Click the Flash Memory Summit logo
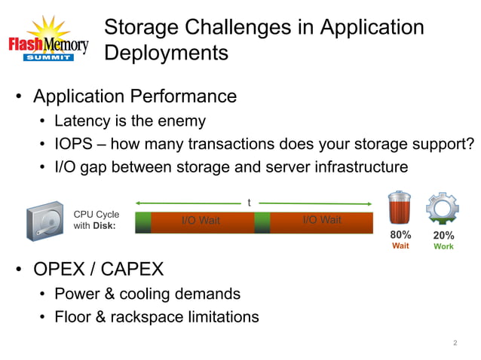[48, 41]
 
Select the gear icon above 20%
[443, 209]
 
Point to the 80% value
[400, 235]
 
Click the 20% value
[443, 236]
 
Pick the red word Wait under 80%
[400, 246]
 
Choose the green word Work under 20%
[443, 247]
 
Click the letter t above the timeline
[250, 203]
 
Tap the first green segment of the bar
[142, 222]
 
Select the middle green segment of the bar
[262, 222]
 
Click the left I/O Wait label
[201, 221]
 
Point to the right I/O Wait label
[321, 220]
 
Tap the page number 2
[455, 343]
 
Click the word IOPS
[74, 144]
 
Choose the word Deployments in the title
[166, 53]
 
